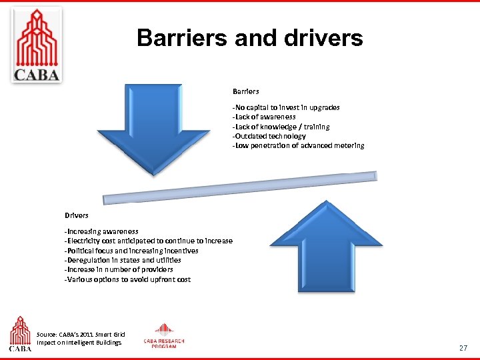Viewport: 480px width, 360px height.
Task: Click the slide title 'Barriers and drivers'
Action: coord(250,38)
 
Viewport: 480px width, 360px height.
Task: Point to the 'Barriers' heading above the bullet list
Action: coord(245,91)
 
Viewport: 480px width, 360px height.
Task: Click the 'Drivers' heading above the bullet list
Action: coord(76,215)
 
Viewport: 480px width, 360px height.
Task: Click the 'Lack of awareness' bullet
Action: coord(264,117)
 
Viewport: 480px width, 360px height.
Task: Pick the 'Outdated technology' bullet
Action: coord(269,136)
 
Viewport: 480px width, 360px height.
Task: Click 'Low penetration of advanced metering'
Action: coord(298,145)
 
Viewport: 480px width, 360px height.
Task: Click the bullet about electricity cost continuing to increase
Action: coord(148,241)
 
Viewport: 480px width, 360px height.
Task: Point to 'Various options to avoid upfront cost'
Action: coord(127,279)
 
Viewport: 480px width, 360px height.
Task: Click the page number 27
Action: coord(463,348)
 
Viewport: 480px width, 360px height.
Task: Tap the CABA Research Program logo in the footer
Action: coord(164,336)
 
